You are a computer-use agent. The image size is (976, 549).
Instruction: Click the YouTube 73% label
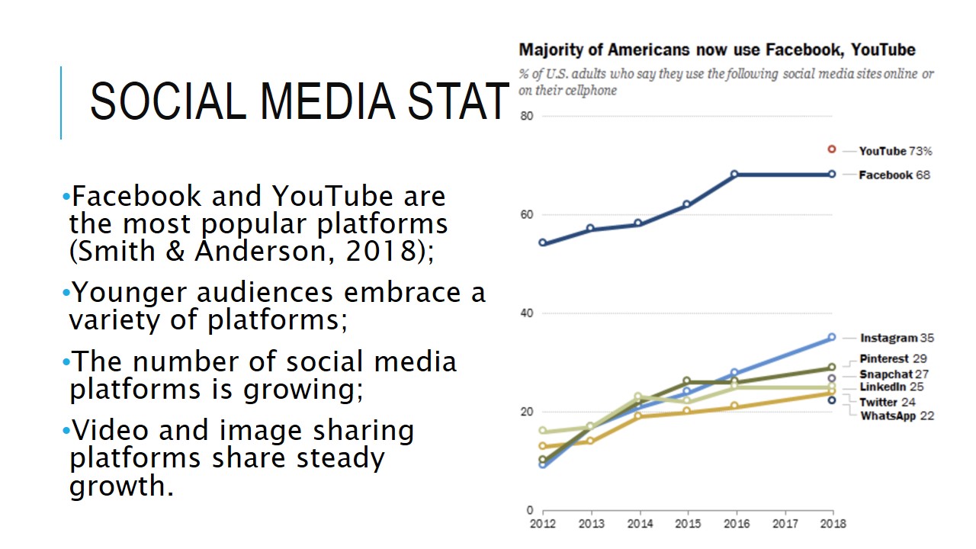coord(895,151)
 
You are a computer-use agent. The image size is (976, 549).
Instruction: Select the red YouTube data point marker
coord(832,149)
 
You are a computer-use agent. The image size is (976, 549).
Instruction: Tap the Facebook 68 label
coord(894,175)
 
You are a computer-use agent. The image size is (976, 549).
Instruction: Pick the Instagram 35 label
coord(897,338)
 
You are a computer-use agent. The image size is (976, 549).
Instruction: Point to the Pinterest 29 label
coord(893,358)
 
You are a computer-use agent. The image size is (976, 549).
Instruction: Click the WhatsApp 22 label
coord(897,416)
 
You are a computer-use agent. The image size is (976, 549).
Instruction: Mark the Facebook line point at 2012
coord(542,242)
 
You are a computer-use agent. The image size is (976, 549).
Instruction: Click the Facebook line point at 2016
coord(734,174)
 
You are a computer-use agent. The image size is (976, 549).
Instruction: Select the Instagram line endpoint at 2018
coord(832,337)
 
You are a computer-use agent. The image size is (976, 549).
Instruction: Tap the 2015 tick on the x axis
coord(687,524)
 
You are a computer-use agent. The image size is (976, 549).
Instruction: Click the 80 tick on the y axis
coord(526,116)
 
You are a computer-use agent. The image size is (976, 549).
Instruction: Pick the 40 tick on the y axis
coord(526,313)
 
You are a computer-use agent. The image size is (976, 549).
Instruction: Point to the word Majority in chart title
coord(551,50)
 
